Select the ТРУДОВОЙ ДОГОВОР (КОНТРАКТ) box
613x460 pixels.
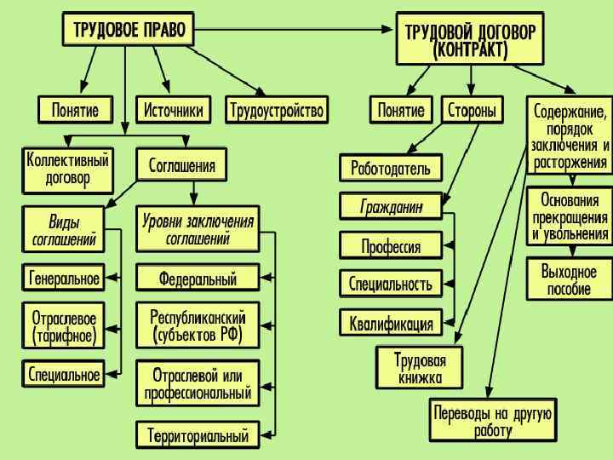click(x=470, y=40)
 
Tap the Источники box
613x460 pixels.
click(x=174, y=110)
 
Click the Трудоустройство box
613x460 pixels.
click(x=278, y=110)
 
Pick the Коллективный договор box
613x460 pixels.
click(x=68, y=170)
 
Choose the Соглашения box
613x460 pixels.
click(x=182, y=164)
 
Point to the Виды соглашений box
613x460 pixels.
click(x=64, y=231)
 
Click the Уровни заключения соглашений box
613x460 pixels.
click(x=198, y=231)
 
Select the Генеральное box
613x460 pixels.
click(x=64, y=278)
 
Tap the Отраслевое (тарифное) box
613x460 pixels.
click(x=64, y=326)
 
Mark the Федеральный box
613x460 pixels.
click(x=198, y=278)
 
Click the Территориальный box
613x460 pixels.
click(x=198, y=435)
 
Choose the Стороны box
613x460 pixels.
click(x=472, y=110)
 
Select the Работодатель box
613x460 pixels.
click(x=391, y=168)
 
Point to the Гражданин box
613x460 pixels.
click(x=392, y=207)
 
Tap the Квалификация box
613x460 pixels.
click(x=391, y=324)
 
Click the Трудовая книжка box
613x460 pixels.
click(x=421, y=367)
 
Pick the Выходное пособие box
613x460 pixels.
click(x=569, y=279)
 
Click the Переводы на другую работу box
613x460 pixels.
click(x=494, y=421)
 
